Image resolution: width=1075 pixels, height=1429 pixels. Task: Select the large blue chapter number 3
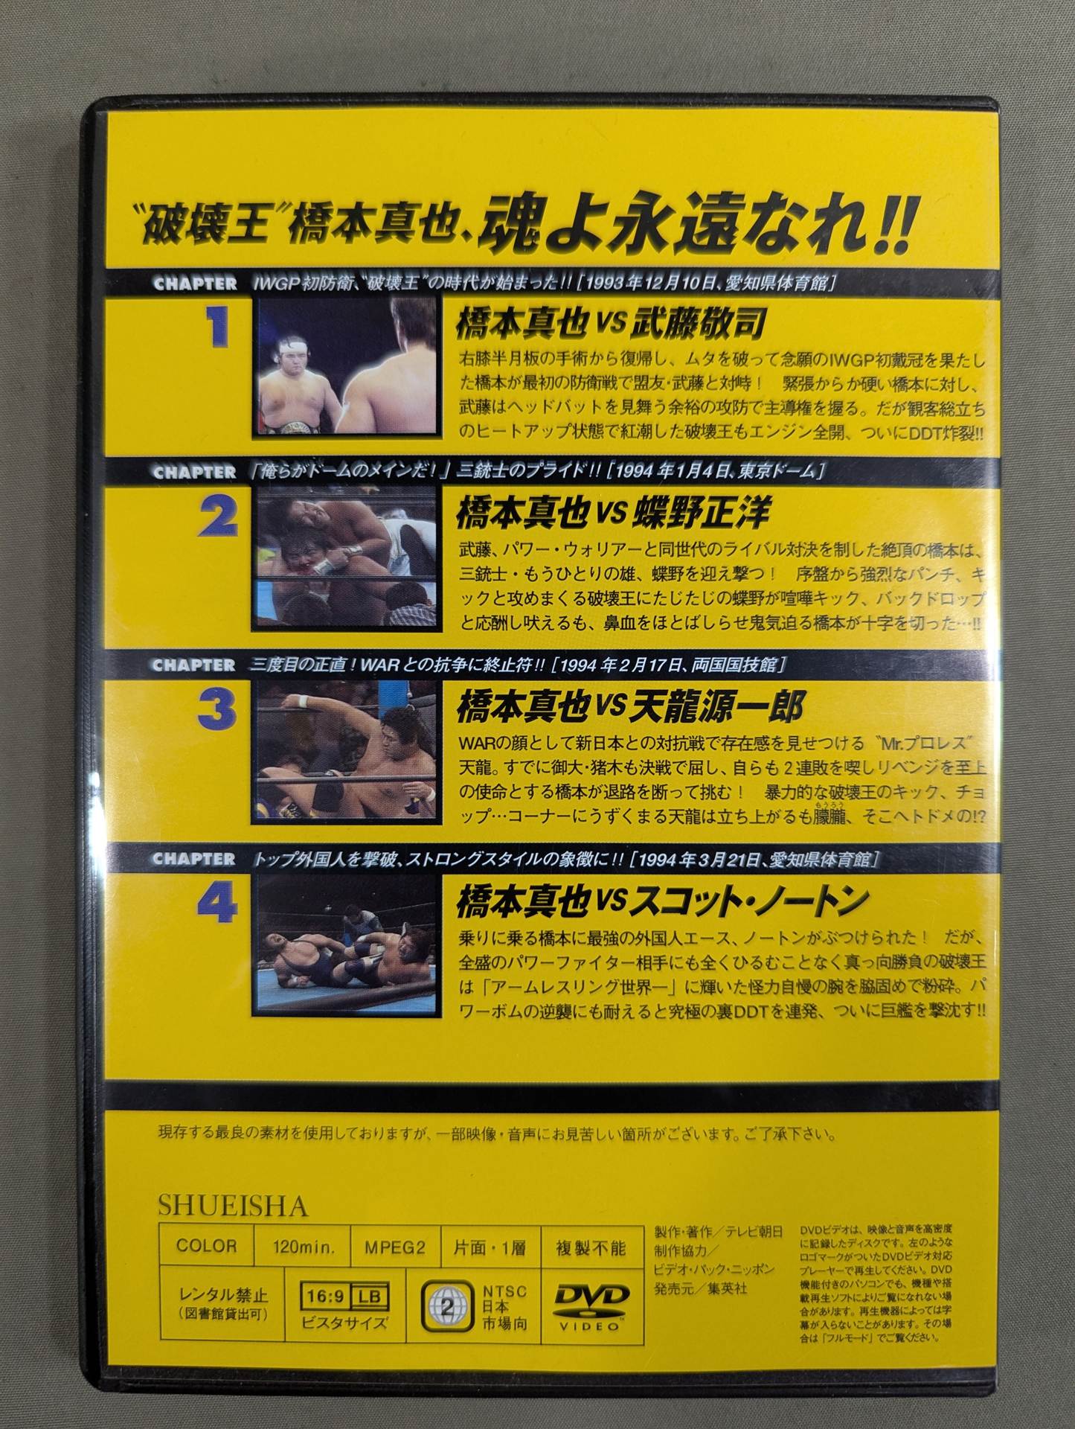[x=217, y=712]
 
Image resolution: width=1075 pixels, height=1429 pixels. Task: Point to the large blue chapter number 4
[x=218, y=905]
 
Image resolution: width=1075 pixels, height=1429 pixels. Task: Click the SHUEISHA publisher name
[x=233, y=1206]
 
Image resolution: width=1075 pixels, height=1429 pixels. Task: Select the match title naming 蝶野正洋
[x=612, y=514]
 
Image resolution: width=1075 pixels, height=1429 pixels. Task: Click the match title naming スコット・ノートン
[x=661, y=899]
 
